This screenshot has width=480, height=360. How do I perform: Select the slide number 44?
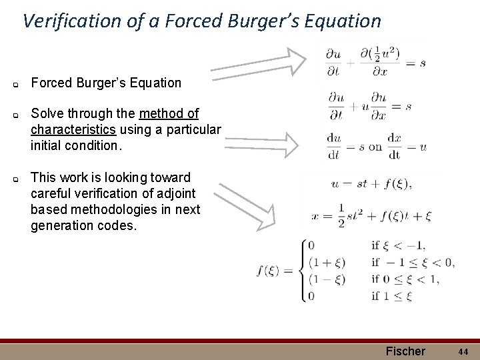pos(463,351)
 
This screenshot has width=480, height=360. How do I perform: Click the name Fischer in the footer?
pos(405,351)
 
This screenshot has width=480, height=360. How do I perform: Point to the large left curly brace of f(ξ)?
pos(303,270)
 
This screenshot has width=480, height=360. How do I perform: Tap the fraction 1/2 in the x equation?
pos(341,215)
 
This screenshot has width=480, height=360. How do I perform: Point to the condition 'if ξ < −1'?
pos(399,246)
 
